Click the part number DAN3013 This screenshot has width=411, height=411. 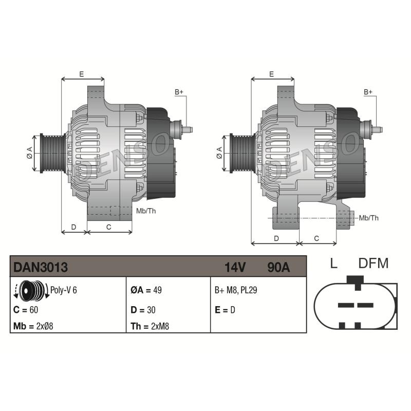pyautogui.click(x=41, y=267)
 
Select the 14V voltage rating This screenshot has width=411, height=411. pyautogui.click(x=235, y=267)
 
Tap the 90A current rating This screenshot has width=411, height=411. pyautogui.click(x=278, y=267)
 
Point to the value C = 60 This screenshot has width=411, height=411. pyautogui.click(x=26, y=310)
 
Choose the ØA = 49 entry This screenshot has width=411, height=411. pyautogui.click(x=147, y=290)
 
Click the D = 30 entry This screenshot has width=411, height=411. pyautogui.click(x=143, y=310)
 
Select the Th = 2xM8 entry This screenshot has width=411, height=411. pyautogui.click(x=150, y=326)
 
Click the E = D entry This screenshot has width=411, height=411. pyautogui.click(x=224, y=310)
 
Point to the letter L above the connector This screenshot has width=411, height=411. pyautogui.click(x=333, y=264)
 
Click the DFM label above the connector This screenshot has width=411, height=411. pyautogui.click(x=373, y=264)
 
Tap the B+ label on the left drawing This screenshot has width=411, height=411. pyautogui.click(x=179, y=91)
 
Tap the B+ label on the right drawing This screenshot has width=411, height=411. pyautogui.click(x=368, y=91)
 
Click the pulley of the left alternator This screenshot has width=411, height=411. pyautogui.click(x=51, y=153)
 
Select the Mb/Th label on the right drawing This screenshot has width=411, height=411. pyautogui.click(x=369, y=218)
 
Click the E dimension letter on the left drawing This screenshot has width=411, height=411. pyautogui.click(x=81, y=74)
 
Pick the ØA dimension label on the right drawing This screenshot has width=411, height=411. pyautogui.click(x=219, y=153)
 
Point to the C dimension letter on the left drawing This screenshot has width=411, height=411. pyautogui.click(x=109, y=227)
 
